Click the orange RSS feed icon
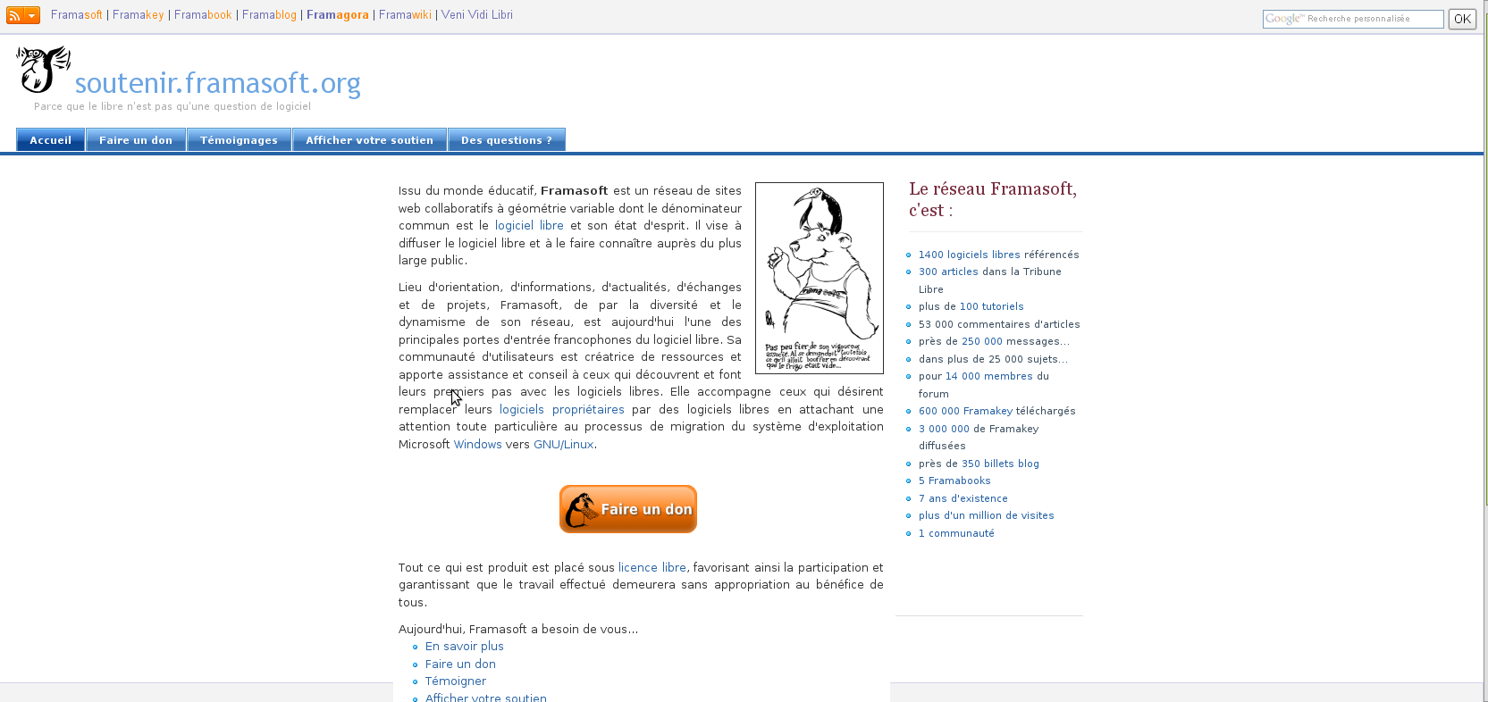[15, 15]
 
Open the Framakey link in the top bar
[138, 15]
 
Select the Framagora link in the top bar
[337, 15]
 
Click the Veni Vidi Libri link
[476, 15]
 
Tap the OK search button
[1462, 19]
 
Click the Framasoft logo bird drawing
[43, 69]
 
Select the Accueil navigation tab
[50, 140]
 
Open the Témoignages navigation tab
[239, 140]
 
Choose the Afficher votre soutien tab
[369, 140]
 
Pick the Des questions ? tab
[506, 140]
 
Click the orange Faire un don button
[627, 509]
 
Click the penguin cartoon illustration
[819, 277]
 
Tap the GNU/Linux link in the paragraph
[563, 445]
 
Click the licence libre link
[652, 568]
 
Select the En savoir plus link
[464, 647]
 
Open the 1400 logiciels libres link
[969, 255]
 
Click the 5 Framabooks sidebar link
[954, 481]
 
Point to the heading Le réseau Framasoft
[992, 199]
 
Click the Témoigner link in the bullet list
[455, 681]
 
